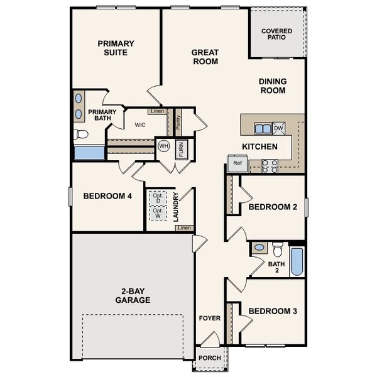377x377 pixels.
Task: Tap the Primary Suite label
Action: coord(116,48)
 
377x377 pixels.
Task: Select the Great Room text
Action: coord(205,57)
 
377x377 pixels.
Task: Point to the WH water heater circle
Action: coord(163,146)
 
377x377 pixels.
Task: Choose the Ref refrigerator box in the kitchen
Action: coord(237,163)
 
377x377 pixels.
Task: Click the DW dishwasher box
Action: coord(278,128)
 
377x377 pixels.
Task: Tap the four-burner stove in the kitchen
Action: coord(270,165)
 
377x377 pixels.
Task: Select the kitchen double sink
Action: coord(263,128)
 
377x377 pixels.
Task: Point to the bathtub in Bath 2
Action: coord(296,261)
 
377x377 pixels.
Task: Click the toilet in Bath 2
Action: coord(277,248)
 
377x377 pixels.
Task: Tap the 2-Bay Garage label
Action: coord(133,295)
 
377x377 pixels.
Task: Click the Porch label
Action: coord(209,358)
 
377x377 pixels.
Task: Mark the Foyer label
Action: coord(209,318)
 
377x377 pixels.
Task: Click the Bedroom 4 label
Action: coord(107,196)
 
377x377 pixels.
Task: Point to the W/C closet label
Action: coord(139,124)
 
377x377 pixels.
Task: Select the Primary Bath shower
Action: coord(89,153)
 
